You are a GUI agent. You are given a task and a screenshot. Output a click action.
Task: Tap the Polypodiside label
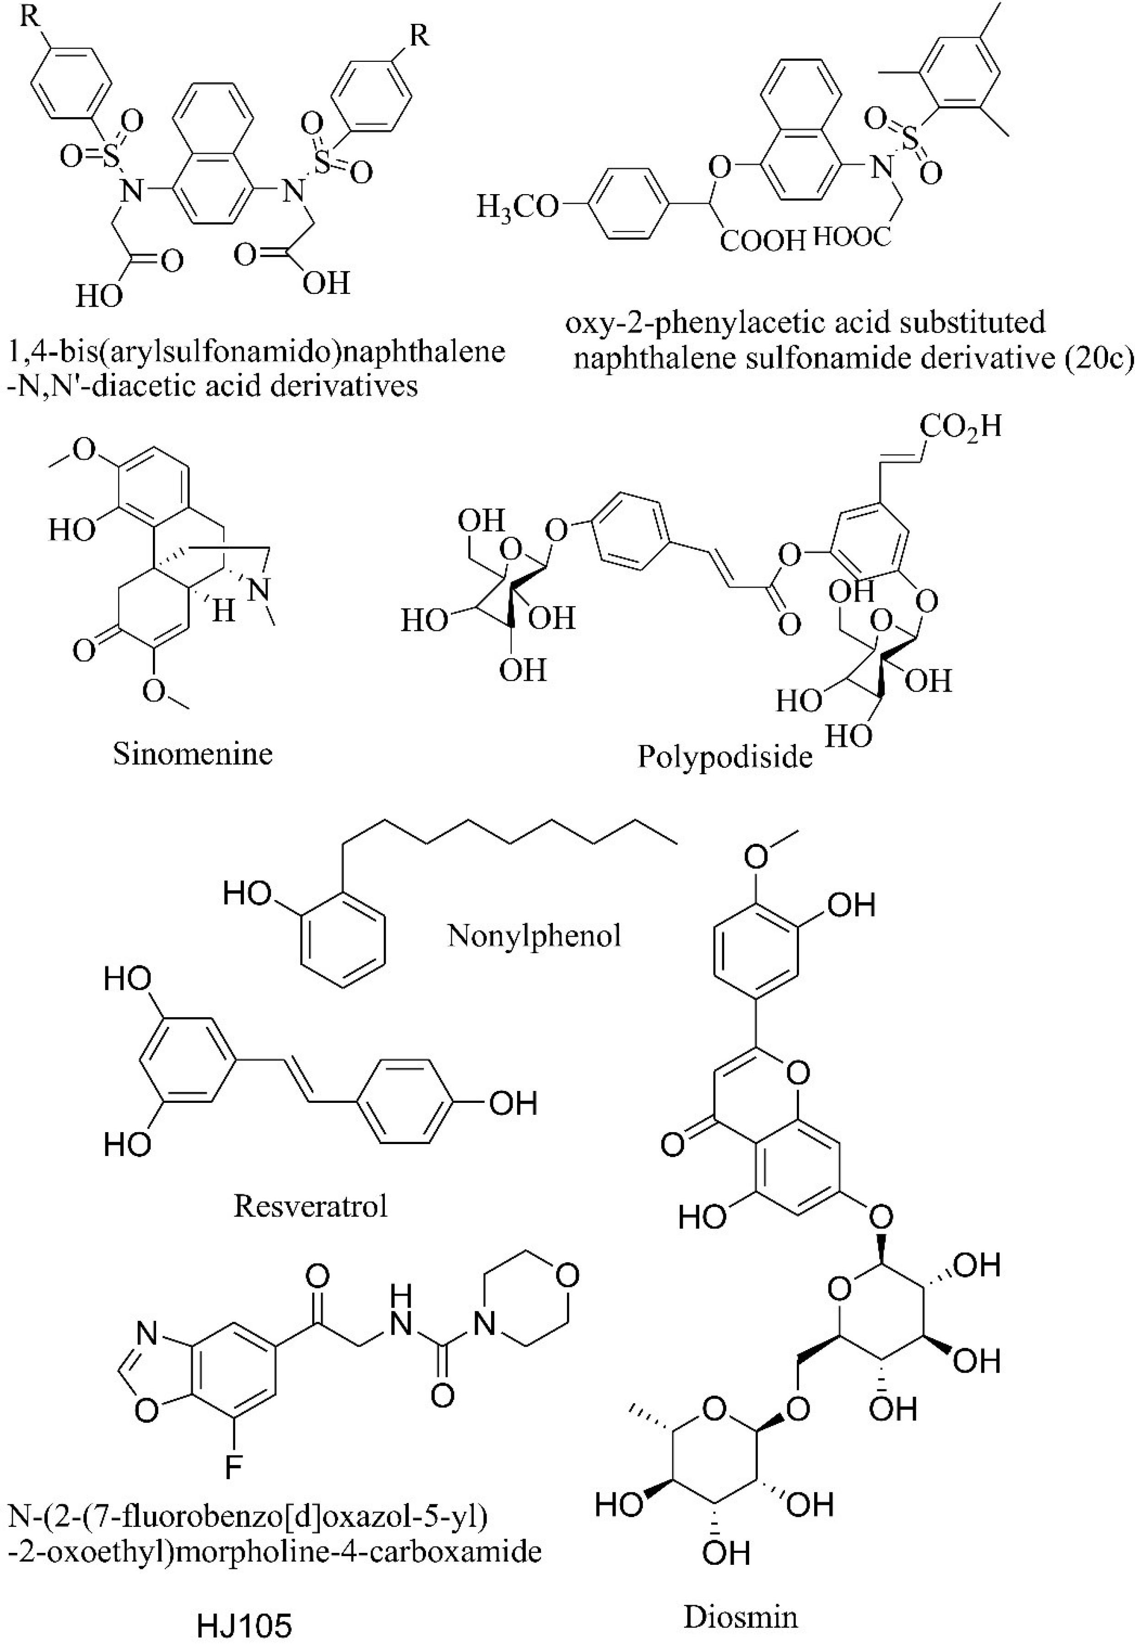pyautogui.click(x=724, y=756)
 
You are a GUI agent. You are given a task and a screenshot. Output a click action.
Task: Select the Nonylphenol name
pyautogui.click(x=534, y=936)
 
